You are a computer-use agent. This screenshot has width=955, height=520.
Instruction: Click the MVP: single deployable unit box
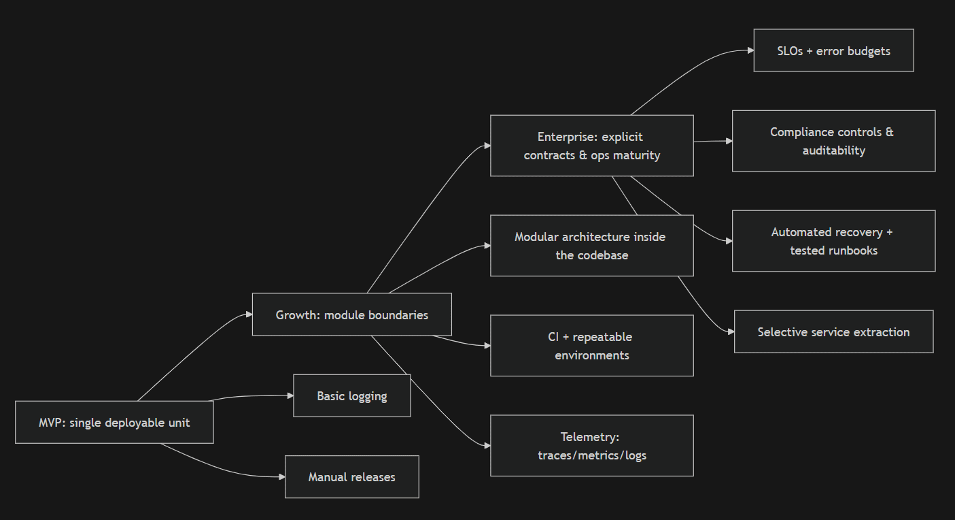[114, 422]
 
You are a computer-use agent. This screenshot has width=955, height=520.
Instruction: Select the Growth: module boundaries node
[351, 314]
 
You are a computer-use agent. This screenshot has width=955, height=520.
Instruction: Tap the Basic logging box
[351, 395]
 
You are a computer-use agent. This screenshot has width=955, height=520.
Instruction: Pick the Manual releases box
[351, 477]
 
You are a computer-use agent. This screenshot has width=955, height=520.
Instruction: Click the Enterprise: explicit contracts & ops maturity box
[591, 146]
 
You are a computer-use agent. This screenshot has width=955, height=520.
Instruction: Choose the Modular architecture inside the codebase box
[591, 246]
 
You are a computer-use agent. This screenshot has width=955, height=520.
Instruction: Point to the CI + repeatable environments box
[591, 346]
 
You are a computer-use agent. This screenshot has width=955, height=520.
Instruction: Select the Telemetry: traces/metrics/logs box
[591, 446]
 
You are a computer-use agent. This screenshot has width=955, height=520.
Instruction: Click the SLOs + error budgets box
[833, 50]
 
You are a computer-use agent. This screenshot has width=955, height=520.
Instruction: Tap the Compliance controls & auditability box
[833, 141]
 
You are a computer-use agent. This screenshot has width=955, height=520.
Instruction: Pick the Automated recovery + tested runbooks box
[833, 241]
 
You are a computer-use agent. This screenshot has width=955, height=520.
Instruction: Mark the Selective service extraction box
[833, 331]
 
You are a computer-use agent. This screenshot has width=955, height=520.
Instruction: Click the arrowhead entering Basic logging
[290, 395]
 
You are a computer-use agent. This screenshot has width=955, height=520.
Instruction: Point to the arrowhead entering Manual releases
[281, 477]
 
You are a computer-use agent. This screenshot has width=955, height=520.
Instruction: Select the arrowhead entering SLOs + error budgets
[750, 50]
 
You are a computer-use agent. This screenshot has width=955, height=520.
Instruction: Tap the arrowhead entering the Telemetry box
[487, 446]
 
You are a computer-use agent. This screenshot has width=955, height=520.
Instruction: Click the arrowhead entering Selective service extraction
[731, 331]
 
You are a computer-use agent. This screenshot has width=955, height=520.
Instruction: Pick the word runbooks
[852, 250]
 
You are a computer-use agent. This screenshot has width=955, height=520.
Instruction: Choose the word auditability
[833, 150]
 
